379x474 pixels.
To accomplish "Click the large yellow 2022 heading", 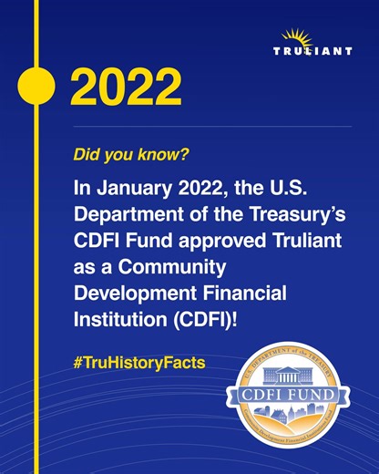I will coord(126,87).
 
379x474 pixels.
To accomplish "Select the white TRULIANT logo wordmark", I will coord(312,51).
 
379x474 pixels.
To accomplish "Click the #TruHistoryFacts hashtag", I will coord(138,362).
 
